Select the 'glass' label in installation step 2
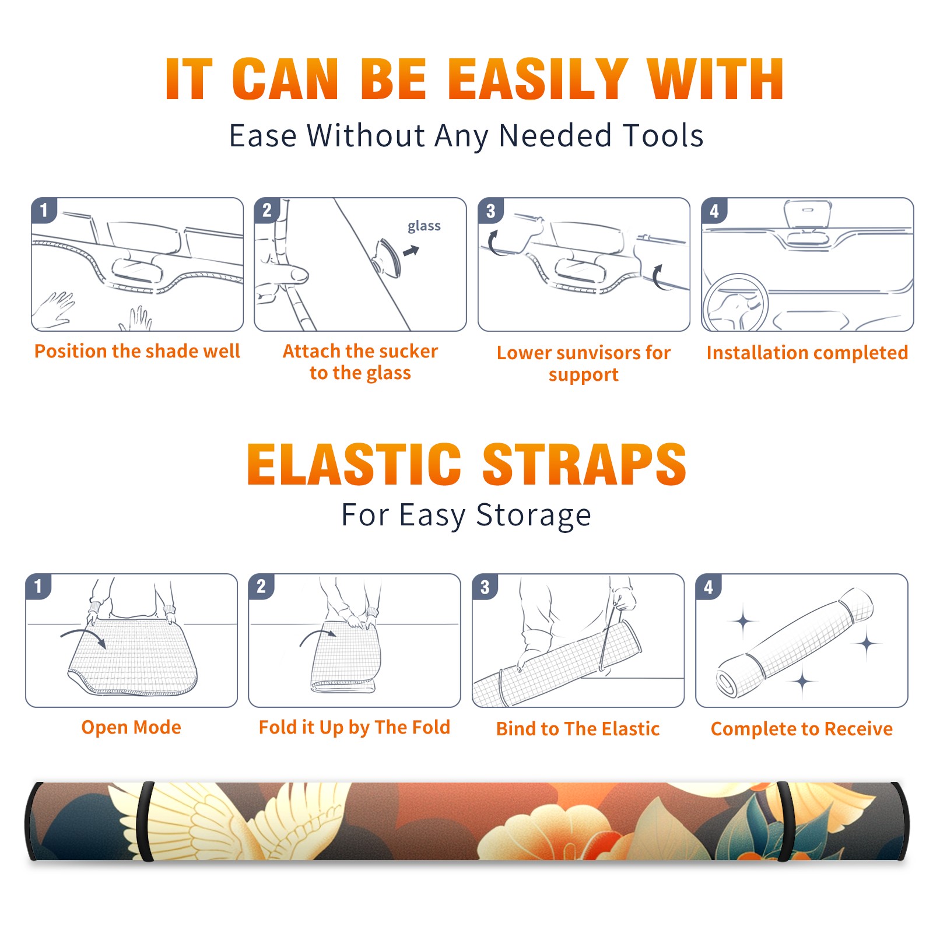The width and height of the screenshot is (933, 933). pyautogui.click(x=424, y=226)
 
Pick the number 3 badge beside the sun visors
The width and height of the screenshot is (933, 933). pyautogui.click(x=490, y=211)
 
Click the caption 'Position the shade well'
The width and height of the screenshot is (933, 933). pyautogui.click(x=137, y=351)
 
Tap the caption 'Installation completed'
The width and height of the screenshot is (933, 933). pyautogui.click(x=807, y=352)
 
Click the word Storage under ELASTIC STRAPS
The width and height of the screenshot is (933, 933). pyautogui.click(x=534, y=515)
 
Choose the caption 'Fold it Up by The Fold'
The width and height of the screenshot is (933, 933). pyautogui.click(x=355, y=727)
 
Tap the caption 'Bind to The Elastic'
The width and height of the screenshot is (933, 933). pyautogui.click(x=578, y=729)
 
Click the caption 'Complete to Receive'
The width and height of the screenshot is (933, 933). pyautogui.click(x=802, y=729)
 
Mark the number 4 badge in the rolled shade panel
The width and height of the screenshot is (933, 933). pyautogui.click(x=708, y=587)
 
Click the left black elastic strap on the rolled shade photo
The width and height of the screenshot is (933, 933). pyautogui.click(x=145, y=822)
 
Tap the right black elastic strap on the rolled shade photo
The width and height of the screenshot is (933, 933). pyautogui.click(x=785, y=822)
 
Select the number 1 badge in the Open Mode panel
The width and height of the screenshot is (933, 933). pyautogui.click(x=38, y=586)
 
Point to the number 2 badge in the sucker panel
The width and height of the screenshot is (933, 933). pyautogui.click(x=267, y=210)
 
